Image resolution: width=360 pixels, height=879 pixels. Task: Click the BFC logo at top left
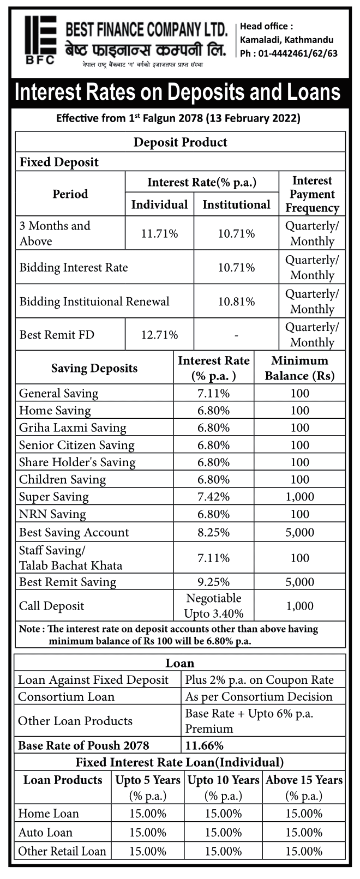pos(41,40)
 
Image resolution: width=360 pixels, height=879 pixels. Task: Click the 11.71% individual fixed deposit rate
pos(159,233)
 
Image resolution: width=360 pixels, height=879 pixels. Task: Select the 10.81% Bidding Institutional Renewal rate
pos(236,301)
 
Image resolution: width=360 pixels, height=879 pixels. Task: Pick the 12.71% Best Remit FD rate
pos(159,335)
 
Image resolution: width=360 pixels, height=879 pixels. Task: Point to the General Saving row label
pos(58,393)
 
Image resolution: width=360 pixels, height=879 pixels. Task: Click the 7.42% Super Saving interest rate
pos(213,497)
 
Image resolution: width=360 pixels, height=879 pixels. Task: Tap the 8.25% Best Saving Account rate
pos(213,532)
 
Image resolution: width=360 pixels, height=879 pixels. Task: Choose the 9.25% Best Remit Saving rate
pos(213,582)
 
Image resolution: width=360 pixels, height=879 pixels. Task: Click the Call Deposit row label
pos(51,606)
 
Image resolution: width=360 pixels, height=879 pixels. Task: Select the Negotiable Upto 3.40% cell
pos(213,606)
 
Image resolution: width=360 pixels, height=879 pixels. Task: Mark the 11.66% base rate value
pos(204,745)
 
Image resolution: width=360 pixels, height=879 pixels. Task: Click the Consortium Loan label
pos(66,696)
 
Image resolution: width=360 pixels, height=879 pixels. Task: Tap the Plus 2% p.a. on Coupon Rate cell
pos(259,679)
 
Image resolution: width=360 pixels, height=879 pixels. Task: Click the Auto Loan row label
pos(45,832)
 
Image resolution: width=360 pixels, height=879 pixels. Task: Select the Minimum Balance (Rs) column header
pos(299,368)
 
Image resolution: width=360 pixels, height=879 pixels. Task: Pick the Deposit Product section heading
pos(180,142)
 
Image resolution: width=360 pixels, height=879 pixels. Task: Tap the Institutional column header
pos(236,204)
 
